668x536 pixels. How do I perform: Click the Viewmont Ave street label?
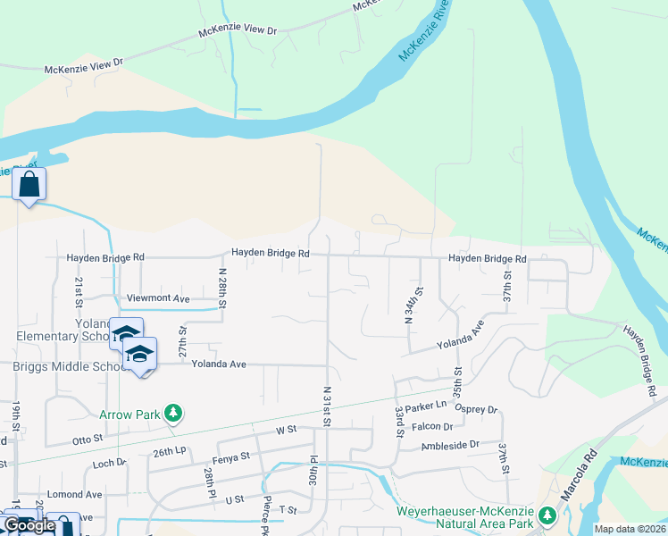point(159,298)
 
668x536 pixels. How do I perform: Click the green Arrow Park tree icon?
point(174,414)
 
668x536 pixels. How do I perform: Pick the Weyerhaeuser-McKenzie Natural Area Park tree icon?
point(547,515)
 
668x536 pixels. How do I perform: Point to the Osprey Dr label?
point(476,409)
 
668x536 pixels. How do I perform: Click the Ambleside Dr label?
point(451,444)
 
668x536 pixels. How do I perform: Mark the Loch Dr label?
point(110,465)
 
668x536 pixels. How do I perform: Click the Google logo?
point(29,525)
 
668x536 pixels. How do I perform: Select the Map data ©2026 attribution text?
point(629,529)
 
